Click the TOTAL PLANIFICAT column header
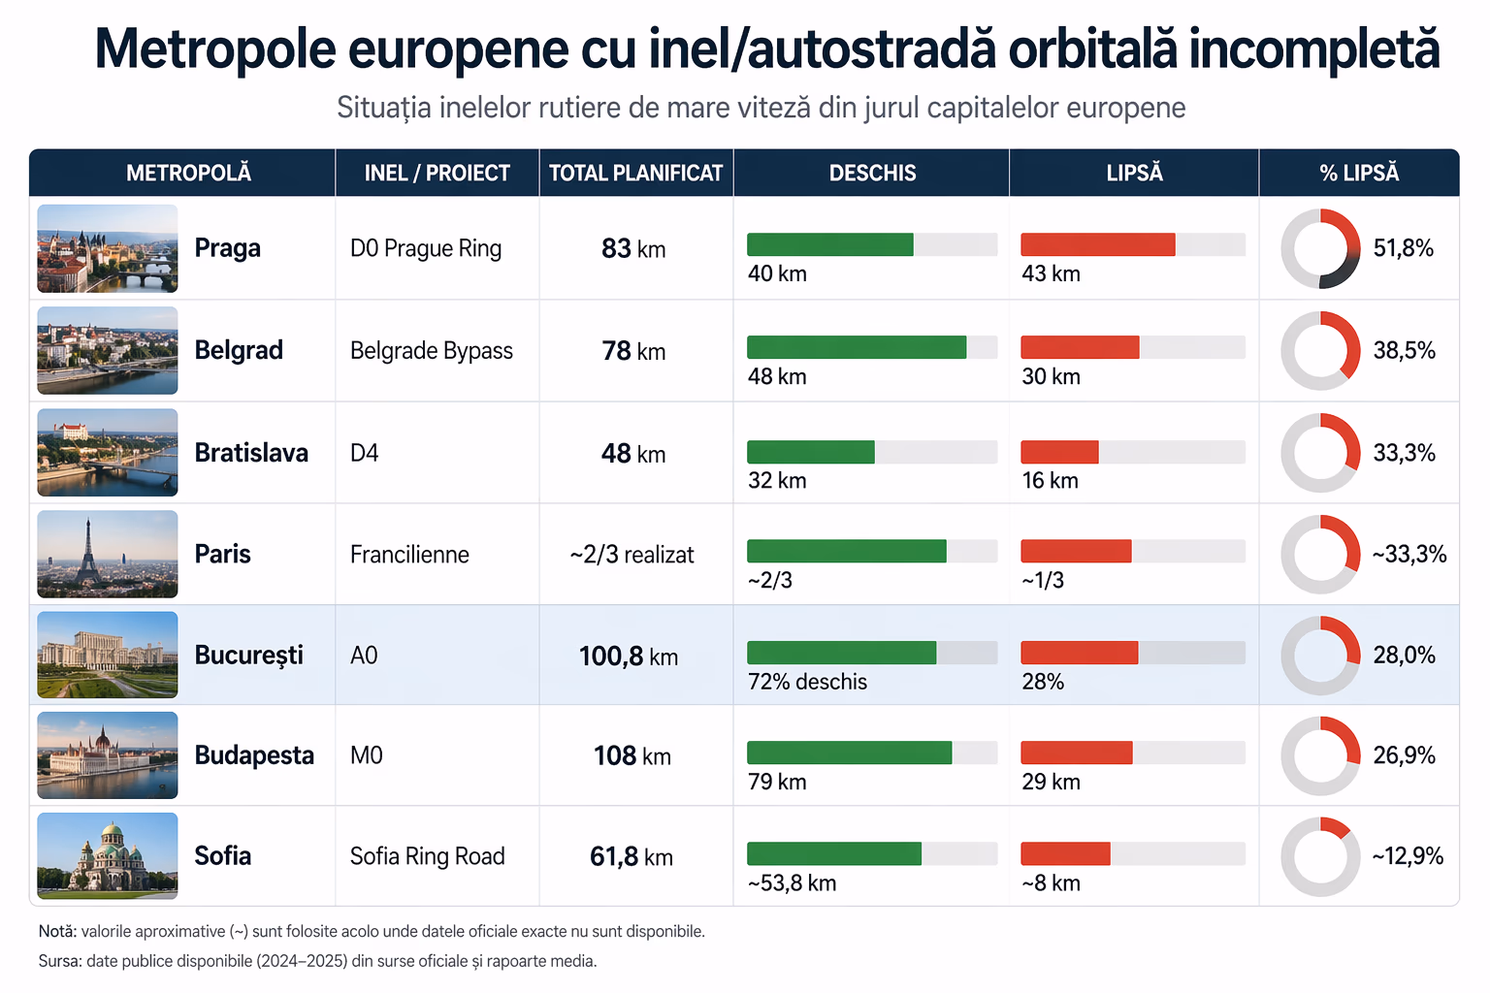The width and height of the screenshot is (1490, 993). (x=635, y=173)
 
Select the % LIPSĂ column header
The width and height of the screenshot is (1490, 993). (x=1359, y=173)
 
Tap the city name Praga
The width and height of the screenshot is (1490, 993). (x=228, y=248)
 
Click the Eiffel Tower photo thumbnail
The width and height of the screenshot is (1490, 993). (x=108, y=554)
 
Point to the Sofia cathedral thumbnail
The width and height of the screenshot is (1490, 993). (x=108, y=856)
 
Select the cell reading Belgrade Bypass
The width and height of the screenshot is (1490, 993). (x=432, y=350)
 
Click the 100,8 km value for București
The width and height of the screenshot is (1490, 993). (x=629, y=657)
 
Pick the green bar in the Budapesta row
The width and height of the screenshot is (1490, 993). (x=850, y=753)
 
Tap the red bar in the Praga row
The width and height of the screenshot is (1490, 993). (x=1098, y=244)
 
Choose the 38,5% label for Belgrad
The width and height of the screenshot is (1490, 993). (x=1405, y=350)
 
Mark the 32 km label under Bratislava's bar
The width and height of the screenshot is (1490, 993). (x=777, y=480)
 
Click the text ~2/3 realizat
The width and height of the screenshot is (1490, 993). (x=632, y=555)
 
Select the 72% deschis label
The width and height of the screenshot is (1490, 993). (x=807, y=682)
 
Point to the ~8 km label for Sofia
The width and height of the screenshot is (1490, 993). (x=1051, y=883)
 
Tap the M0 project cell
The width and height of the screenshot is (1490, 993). (x=367, y=755)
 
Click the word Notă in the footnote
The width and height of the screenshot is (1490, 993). (x=57, y=931)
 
